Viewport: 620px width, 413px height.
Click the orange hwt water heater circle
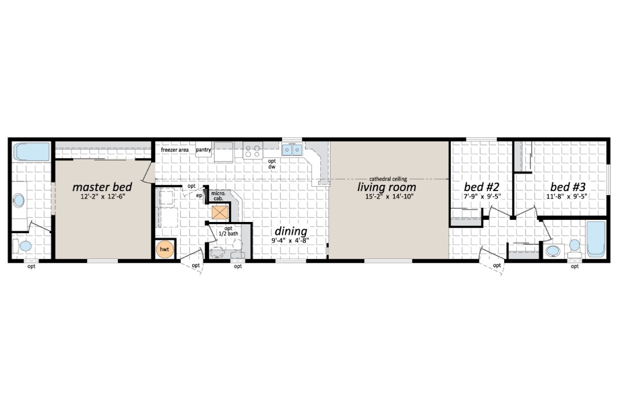(164, 249)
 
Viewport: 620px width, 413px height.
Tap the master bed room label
(102, 186)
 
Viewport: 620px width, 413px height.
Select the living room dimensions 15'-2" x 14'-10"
(386, 196)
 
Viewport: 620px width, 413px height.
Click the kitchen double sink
(292, 150)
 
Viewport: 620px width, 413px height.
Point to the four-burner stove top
(253, 150)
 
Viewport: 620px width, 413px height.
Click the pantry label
(203, 150)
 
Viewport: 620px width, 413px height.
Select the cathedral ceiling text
(388, 179)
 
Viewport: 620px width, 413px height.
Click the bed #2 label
(481, 186)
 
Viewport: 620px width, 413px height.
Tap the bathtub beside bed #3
(596, 239)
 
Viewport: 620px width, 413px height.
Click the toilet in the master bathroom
(22, 246)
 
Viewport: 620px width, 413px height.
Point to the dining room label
(290, 231)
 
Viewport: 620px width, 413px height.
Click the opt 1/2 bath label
(228, 232)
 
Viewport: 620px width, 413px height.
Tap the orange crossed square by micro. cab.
(219, 212)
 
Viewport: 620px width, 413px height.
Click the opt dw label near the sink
(272, 164)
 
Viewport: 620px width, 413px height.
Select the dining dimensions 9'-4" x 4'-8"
(290, 241)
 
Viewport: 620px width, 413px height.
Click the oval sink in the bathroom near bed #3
(553, 251)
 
